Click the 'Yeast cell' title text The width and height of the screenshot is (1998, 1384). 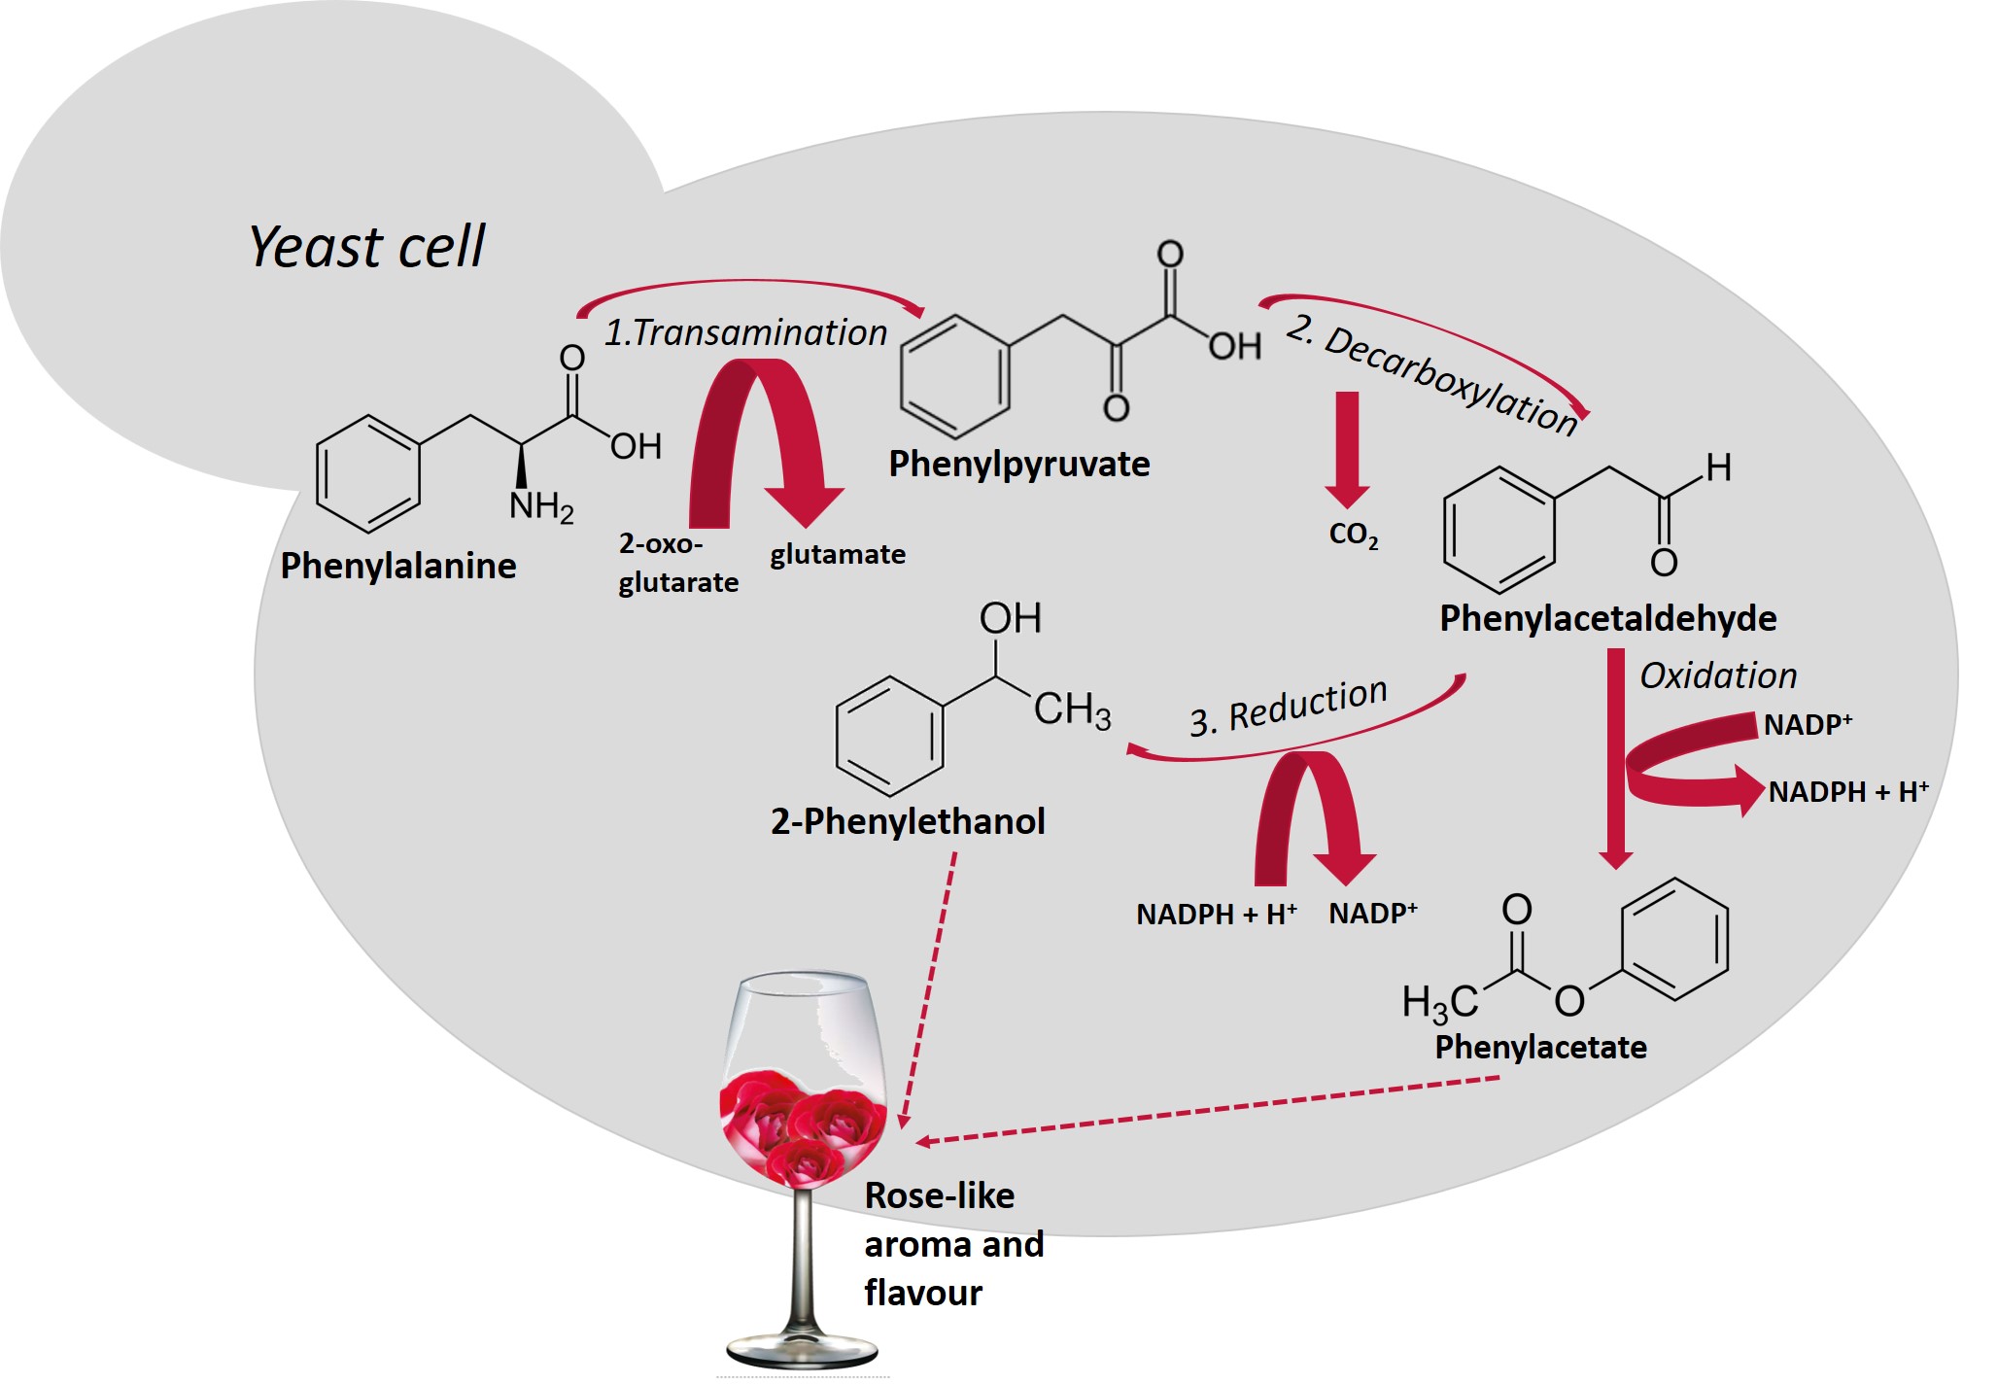pyautogui.click(x=366, y=247)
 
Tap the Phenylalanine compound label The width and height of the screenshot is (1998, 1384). pyautogui.click(x=398, y=566)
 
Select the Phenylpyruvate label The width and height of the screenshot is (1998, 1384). pyautogui.click(x=1018, y=464)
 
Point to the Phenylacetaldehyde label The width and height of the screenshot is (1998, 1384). pyautogui.click(x=1607, y=618)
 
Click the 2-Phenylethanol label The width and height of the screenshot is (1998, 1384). pyautogui.click(x=908, y=821)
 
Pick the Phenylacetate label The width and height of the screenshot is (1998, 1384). pyautogui.click(x=1540, y=1047)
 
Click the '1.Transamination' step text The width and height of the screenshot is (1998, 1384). pyautogui.click(x=745, y=332)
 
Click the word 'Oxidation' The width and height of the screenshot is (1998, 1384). pyautogui.click(x=1718, y=675)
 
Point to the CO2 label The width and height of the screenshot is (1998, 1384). pyautogui.click(x=1353, y=534)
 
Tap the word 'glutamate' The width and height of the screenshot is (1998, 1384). pyautogui.click(x=838, y=554)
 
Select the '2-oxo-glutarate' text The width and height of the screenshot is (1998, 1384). pyautogui.click(x=678, y=563)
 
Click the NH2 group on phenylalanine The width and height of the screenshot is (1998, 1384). pyautogui.click(x=541, y=506)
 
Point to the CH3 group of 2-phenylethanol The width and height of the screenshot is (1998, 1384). pyautogui.click(x=1071, y=709)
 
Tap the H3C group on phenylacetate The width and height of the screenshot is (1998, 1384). pyautogui.click(x=1439, y=1002)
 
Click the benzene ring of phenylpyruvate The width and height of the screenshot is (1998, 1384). pyautogui.click(x=954, y=376)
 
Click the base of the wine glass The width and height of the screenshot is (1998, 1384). pyautogui.click(x=802, y=1351)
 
